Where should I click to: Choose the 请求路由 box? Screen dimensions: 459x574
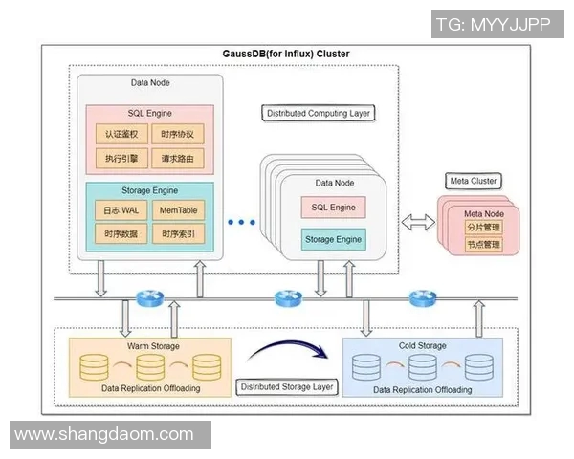coord(178,157)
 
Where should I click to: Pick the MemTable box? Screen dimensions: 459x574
coord(178,209)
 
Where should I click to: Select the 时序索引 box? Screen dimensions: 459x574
coord(178,233)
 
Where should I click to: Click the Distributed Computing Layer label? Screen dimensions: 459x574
coord(319,113)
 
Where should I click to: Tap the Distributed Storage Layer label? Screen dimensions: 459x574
coord(286,387)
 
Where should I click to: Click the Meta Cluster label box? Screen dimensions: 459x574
coord(474,181)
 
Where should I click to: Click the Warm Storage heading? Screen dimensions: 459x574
coord(153,344)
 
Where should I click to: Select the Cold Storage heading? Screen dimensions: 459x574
coord(422,344)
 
